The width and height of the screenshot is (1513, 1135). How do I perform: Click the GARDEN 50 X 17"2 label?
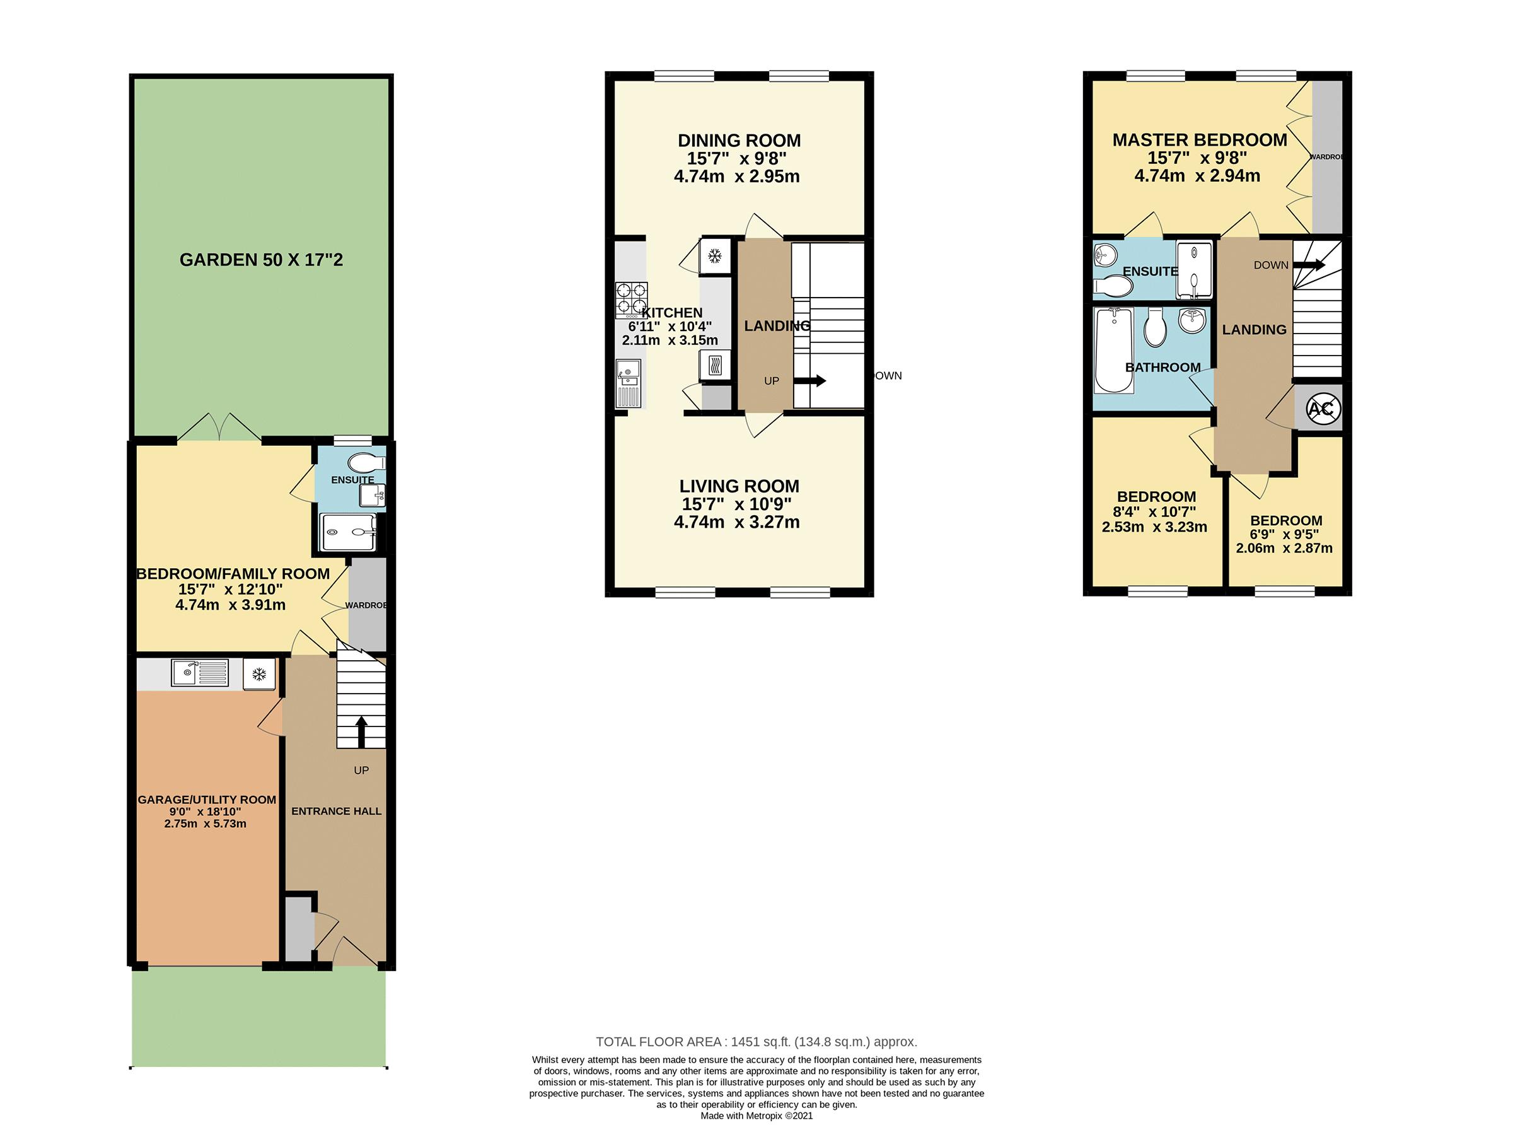260,260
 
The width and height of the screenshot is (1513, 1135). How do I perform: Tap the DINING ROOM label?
739,140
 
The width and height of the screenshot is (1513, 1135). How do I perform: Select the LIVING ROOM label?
739,486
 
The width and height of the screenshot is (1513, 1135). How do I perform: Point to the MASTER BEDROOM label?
1200,140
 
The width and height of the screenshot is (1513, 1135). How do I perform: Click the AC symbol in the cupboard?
1320,409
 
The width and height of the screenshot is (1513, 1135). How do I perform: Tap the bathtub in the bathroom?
1113,351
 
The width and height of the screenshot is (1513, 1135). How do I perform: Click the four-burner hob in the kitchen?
631,301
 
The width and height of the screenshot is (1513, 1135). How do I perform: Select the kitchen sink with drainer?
628,384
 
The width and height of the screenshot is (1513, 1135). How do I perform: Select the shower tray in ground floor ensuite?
348,532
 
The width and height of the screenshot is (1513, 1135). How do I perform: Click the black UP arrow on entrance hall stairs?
361,731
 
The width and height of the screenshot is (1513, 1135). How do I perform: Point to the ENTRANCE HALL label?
337,812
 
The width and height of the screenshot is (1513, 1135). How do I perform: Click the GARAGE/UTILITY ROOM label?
207,800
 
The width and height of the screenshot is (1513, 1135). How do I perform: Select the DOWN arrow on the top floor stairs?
1309,265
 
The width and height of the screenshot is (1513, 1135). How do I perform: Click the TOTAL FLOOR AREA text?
756,1042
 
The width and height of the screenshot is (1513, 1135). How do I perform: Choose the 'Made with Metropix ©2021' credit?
756,1115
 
